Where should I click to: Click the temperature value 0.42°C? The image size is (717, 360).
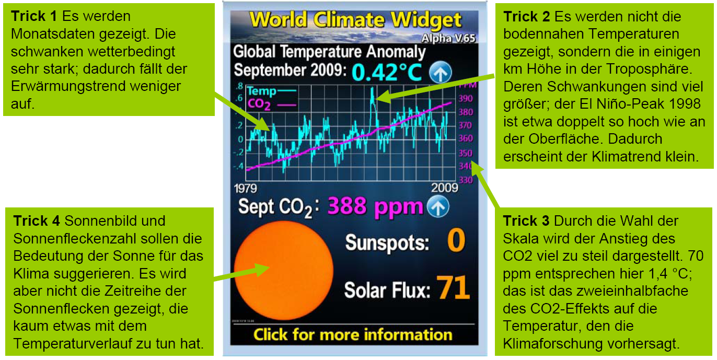pyautogui.click(x=387, y=72)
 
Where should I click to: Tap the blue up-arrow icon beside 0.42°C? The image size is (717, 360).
pyautogui.click(x=441, y=72)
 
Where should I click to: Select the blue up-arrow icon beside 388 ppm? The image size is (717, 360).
pyautogui.click(x=438, y=206)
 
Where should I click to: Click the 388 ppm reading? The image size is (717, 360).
pyautogui.click(x=375, y=207)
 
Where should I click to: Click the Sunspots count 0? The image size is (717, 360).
pyautogui.click(x=456, y=240)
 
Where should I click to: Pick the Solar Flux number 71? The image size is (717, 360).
pyautogui.click(x=453, y=287)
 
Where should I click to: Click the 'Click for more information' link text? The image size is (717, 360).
pyautogui.click(x=353, y=334)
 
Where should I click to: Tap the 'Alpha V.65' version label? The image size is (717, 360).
pyautogui.click(x=448, y=38)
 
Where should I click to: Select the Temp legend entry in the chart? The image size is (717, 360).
pyautogui.click(x=271, y=91)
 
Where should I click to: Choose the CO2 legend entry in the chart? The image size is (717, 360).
pyautogui.click(x=271, y=104)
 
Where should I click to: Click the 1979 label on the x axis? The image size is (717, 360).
pyautogui.click(x=245, y=188)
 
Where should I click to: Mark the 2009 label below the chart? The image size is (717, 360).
pyautogui.click(x=444, y=188)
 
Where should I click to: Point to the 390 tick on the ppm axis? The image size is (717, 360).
pyautogui.click(x=466, y=99)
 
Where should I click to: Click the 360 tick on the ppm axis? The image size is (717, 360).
pyautogui.click(x=466, y=138)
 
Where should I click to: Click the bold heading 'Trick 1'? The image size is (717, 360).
pyautogui.click(x=33, y=16)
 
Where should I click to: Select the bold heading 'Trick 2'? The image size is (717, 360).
pyautogui.click(x=527, y=17)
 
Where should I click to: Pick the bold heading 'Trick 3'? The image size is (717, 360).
pyautogui.click(x=526, y=221)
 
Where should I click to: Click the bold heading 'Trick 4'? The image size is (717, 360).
pyautogui.click(x=37, y=221)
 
